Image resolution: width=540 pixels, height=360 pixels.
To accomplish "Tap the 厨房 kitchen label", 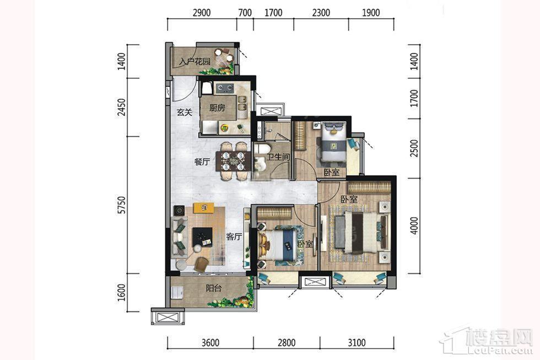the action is tap(217, 108).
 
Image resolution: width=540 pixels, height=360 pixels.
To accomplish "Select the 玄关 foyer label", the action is tap(184, 112).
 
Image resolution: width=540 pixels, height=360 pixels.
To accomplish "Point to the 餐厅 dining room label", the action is tap(202, 162).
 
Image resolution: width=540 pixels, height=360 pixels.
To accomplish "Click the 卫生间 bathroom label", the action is tap(279, 158).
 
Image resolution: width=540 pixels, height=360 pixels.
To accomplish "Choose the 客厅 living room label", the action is tap(234, 237).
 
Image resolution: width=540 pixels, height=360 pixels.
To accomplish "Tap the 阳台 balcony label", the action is tap(214, 288).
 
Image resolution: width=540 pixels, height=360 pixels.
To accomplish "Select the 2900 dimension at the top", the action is tap(202, 13).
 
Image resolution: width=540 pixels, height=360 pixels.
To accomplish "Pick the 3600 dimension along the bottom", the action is tap(210, 343).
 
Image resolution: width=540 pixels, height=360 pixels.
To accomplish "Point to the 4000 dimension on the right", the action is tap(414, 225).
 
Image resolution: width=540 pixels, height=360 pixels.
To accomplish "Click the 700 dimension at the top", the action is tap(245, 13).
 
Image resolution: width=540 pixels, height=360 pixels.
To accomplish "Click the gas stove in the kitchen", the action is tap(225, 89).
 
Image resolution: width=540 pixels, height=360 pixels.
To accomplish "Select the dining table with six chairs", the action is tap(234, 161).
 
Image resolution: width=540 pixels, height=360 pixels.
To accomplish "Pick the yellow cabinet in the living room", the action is tap(203, 208).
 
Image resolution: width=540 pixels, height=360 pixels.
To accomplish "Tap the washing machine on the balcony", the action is tap(177, 293).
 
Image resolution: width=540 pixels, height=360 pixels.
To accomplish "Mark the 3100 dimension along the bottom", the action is tap(357, 343).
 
